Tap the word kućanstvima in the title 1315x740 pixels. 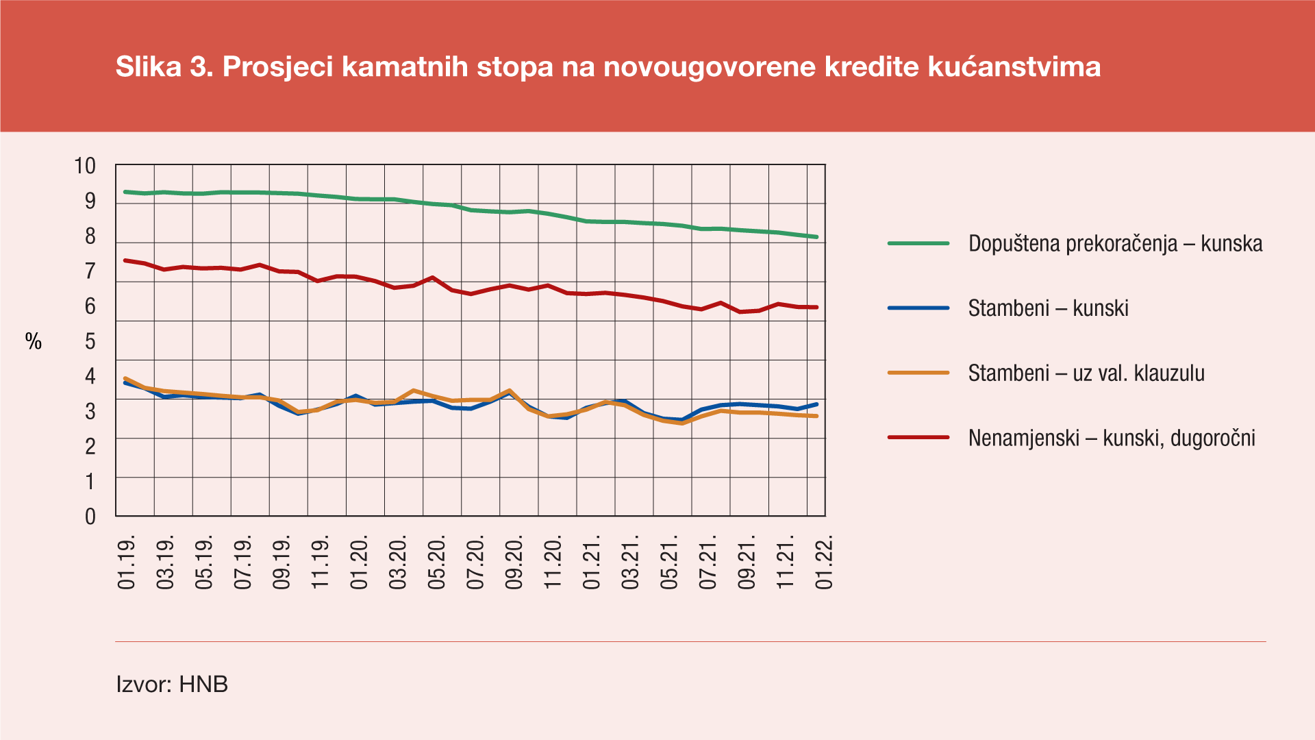tap(1014, 67)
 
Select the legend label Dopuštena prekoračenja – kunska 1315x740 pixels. tap(1115, 244)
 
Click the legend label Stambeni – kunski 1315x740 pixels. tap(1048, 308)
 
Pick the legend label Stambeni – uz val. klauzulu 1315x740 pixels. tap(1086, 373)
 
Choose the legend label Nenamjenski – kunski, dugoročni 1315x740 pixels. tap(1112, 439)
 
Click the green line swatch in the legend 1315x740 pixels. tap(918, 243)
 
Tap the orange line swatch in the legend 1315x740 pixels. tap(918, 373)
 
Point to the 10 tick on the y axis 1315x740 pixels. tap(85, 166)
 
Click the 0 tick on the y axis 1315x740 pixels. tap(90, 517)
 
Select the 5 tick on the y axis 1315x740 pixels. tap(90, 341)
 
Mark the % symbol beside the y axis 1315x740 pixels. tap(34, 341)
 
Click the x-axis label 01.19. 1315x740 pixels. tap(127, 563)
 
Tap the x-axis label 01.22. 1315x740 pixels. tap(825, 563)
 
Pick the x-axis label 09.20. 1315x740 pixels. tap(514, 563)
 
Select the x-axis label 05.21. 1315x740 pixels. tap(669, 563)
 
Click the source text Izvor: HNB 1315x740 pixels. tap(172, 684)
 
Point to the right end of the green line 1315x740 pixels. tap(817, 237)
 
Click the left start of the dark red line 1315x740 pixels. tap(125, 260)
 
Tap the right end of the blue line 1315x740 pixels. tap(817, 404)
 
